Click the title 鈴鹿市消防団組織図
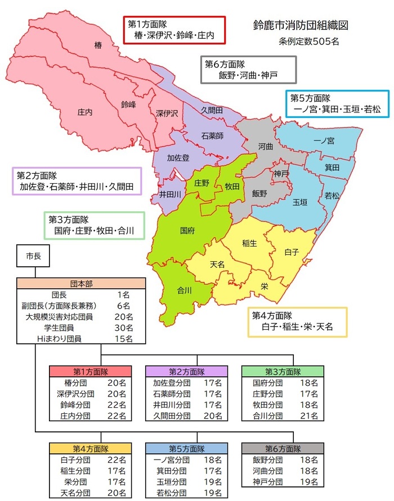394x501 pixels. click(x=302, y=26)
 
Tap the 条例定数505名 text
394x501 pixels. click(x=308, y=41)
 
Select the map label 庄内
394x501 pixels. click(x=84, y=112)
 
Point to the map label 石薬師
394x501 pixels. click(x=212, y=136)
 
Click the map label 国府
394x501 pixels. click(x=187, y=230)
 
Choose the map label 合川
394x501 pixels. click(x=185, y=290)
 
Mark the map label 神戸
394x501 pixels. click(x=281, y=174)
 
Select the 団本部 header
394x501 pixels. click(x=81, y=283)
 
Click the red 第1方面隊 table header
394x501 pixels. click(x=91, y=371)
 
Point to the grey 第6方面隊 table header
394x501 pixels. click(x=282, y=449)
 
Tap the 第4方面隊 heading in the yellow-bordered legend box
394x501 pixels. click(x=273, y=315)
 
